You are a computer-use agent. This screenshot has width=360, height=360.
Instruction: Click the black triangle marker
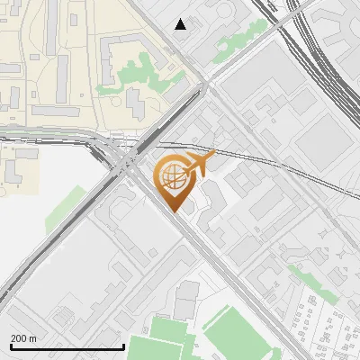click(x=181, y=24)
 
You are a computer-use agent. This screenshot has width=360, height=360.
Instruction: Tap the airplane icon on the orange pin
click(x=199, y=164)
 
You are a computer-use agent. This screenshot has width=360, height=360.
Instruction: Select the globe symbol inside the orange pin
click(x=173, y=178)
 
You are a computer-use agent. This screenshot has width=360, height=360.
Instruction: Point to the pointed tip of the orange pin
click(x=173, y=211)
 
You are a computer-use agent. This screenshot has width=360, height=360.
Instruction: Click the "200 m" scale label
click(x=23, y=338)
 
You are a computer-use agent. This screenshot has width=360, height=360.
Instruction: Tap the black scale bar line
click(x=67, y=346)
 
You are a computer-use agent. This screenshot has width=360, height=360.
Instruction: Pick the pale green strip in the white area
click(x=63, y=209)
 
